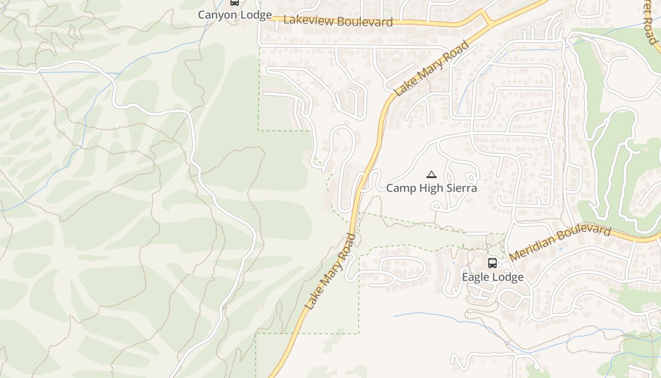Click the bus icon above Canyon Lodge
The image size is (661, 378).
click(x=235, y=2)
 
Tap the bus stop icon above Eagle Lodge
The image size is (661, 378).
click(x=492, y=263)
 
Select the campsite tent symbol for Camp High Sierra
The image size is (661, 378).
click(x=432, y=175)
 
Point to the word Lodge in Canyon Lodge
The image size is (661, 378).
click(x=255, y=15)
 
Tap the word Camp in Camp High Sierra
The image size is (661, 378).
click(x=401, y=188)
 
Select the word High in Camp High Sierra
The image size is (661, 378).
click(x=431, y=188)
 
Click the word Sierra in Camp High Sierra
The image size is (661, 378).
click(x=461, y=188)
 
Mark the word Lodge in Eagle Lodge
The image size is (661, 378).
click(x=508, y=277)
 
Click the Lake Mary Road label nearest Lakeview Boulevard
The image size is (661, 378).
click(x=432, y=68)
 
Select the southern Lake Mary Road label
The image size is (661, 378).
click(x=330, y=272)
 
